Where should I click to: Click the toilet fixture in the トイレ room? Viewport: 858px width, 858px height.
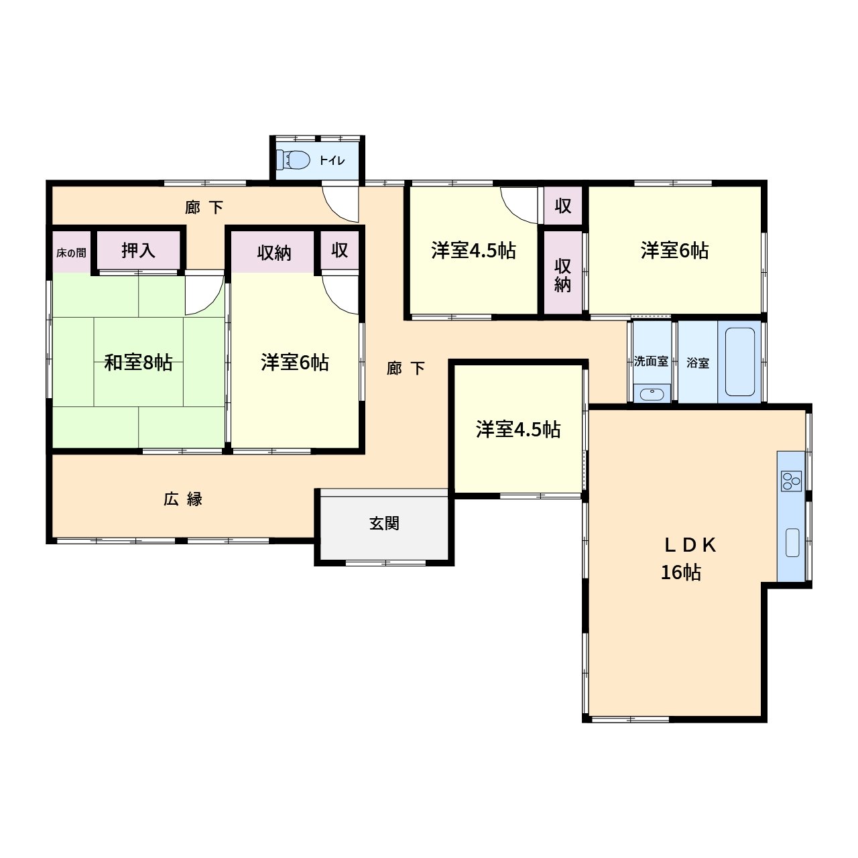click(293, 160)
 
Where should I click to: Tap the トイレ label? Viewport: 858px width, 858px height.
click(332, 160)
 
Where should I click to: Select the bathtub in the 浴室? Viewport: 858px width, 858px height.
click(739, 361)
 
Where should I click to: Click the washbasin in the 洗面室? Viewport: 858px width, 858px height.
click(652, 394)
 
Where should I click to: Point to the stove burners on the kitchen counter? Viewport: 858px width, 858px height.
click(791, 481)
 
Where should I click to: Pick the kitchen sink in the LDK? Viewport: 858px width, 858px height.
click(792, 542)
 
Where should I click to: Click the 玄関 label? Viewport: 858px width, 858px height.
click(384, 523)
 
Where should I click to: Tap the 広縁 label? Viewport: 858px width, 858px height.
click(182, 499)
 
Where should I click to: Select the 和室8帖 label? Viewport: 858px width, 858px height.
click(138, 363)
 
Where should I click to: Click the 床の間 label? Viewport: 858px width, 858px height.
click(71, 253)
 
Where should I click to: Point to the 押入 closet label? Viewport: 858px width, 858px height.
click(139, 251)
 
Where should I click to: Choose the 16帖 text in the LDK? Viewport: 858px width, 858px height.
click(681, 572)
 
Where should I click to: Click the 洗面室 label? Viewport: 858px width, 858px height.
click(651, 361)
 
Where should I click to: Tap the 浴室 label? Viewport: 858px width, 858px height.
click(698, 363)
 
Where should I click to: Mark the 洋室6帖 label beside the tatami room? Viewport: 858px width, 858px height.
click(295, 363)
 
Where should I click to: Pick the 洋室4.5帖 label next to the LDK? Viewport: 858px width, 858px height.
click(518, 429)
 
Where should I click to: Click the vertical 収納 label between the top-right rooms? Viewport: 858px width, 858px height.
click(563, 275)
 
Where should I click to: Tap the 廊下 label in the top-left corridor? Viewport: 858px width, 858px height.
click(204, 207)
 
